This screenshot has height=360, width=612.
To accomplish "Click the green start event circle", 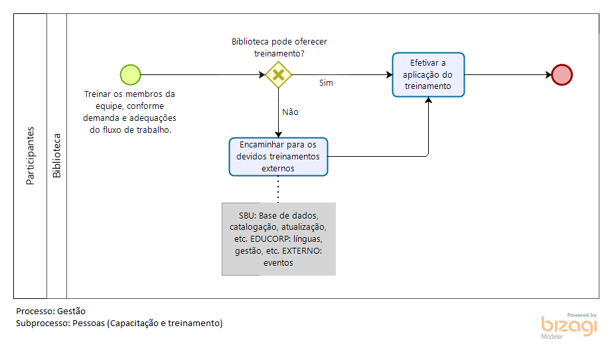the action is (130, 74).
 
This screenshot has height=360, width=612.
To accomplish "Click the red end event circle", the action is (562, 74).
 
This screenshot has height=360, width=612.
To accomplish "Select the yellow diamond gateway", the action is (278, 74).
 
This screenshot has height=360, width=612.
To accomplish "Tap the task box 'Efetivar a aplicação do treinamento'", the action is (428, 74).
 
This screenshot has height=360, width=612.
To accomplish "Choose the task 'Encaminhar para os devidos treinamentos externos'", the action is (278, 157).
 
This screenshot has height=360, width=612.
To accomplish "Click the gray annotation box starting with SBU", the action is (279, 239).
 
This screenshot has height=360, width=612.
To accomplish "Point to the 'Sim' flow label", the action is (326, 83).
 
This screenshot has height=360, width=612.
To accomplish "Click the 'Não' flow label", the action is (290, 112).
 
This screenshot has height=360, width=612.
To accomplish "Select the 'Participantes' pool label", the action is (30, 156).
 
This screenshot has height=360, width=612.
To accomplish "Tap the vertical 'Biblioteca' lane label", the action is (57, 156).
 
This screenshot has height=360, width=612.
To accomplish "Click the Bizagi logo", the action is (569, 326).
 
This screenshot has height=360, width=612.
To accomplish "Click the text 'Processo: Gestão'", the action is (50, 312).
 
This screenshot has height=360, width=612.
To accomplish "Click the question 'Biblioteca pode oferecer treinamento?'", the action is (279, 47).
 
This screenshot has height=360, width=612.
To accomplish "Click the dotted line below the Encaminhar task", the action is (278, 189).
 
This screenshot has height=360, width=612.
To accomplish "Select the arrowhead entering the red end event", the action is (549, 74).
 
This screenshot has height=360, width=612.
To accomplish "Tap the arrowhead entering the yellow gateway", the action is (262, 74).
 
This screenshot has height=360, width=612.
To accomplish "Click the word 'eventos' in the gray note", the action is (278, 263).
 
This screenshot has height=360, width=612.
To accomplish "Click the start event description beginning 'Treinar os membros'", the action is (129, 112).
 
